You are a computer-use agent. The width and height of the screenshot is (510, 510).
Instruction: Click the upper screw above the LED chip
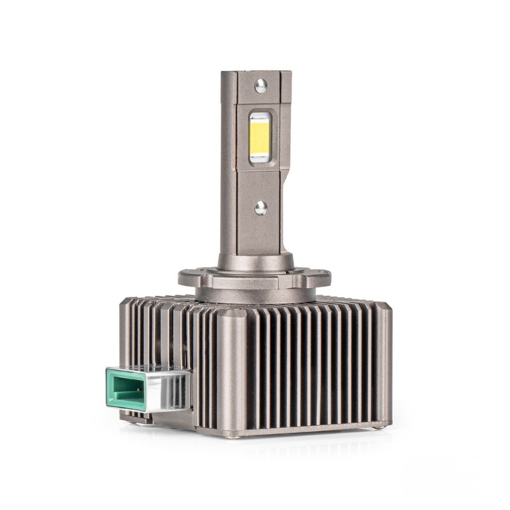(260, 85)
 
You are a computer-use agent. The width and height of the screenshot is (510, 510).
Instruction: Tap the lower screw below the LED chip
(261, 207)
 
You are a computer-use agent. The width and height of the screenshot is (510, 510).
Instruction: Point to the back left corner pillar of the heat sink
(126, 331)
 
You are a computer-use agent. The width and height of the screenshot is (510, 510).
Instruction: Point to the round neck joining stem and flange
(255, 261)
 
